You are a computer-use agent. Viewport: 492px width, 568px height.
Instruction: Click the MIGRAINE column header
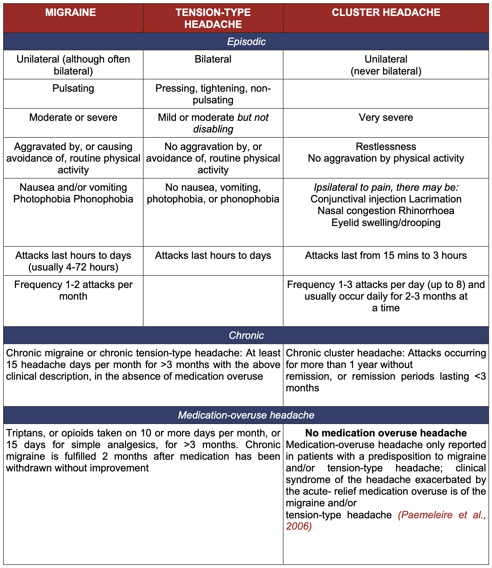(71, 12)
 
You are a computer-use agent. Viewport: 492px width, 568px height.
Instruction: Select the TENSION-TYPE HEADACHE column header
(213, 18)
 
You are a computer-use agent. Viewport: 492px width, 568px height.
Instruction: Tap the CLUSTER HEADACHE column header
(386, 12)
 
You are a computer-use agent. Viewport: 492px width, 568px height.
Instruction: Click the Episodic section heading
(246, 42)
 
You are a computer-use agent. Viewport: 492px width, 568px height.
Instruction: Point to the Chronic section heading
(246, 335)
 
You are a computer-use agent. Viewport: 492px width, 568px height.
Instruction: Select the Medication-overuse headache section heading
(246, 415)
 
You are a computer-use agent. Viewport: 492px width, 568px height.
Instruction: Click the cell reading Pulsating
(73, 88)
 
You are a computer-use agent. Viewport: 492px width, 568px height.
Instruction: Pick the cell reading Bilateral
(213, 59)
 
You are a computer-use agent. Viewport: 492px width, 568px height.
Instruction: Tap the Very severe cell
(386, 117)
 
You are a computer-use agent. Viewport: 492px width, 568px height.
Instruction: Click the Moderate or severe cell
(73, 117)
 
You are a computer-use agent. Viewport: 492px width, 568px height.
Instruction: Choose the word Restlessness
(386, 147)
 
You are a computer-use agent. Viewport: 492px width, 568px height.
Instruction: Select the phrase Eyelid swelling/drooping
(386, 222)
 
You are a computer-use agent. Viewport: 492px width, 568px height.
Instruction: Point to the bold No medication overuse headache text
(386, 433)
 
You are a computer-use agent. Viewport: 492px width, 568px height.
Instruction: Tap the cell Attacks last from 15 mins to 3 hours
(386, 255)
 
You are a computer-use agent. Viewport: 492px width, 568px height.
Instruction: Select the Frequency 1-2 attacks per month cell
(73, 290)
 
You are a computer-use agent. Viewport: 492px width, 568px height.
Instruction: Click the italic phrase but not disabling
(231, 123)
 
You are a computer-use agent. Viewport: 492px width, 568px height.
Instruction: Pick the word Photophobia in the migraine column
(42, 199)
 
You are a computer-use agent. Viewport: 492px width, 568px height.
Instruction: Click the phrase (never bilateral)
(386, 71)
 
